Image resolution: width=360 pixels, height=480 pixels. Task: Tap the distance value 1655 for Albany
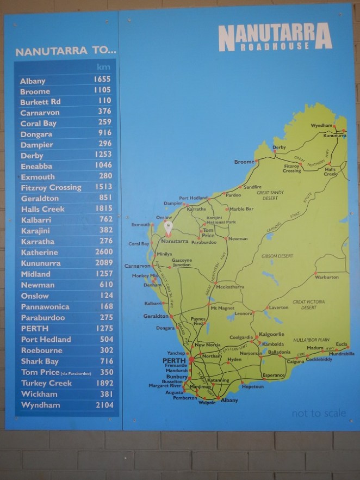(102, 79)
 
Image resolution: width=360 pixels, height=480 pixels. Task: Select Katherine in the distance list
(39, 253)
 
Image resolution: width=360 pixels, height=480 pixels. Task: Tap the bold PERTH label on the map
(174, 360)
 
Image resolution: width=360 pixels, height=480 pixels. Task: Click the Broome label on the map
(244, 162)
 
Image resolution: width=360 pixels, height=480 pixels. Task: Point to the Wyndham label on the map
(321, 125)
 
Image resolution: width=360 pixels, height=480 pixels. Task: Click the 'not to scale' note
(319, 413)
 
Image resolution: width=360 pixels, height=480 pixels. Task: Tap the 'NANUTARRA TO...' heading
(66, 52)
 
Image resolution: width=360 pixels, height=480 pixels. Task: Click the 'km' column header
(103, 67)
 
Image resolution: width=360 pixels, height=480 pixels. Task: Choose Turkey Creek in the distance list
(46, 383)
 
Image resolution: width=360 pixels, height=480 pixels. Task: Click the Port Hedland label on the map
(193, 198)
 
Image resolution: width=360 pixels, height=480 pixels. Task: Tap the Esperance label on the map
(274, 376)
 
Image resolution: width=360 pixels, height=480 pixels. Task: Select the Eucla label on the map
(342, 344)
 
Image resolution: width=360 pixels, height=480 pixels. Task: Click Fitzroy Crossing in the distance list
(51, 187)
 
